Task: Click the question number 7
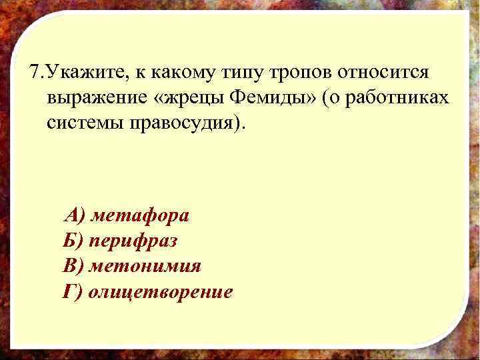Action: coord(35,71)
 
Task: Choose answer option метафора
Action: coord(140,216)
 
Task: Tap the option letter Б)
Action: coord(73,241)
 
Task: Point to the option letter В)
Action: coord(73,266)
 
